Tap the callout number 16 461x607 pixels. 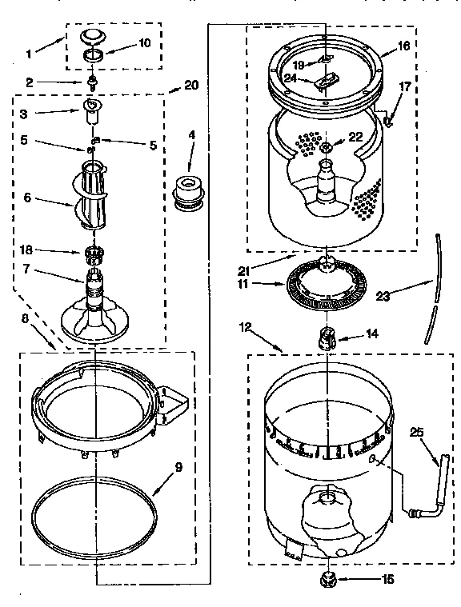pyautogui.click(x=403, y=46)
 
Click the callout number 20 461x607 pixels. pyautogui.click(x=190, y=85)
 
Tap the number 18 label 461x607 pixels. pyautogui.click(x=26, y=250)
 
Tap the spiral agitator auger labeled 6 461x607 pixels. pyautogui.click(x=95, y=193)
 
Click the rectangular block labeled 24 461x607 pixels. pyautogui.click(x=326, y=82)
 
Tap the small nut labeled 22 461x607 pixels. pyautogui.click(x=327, y=146)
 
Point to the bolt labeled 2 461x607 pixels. pyautogui.click(x=94, y=82)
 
